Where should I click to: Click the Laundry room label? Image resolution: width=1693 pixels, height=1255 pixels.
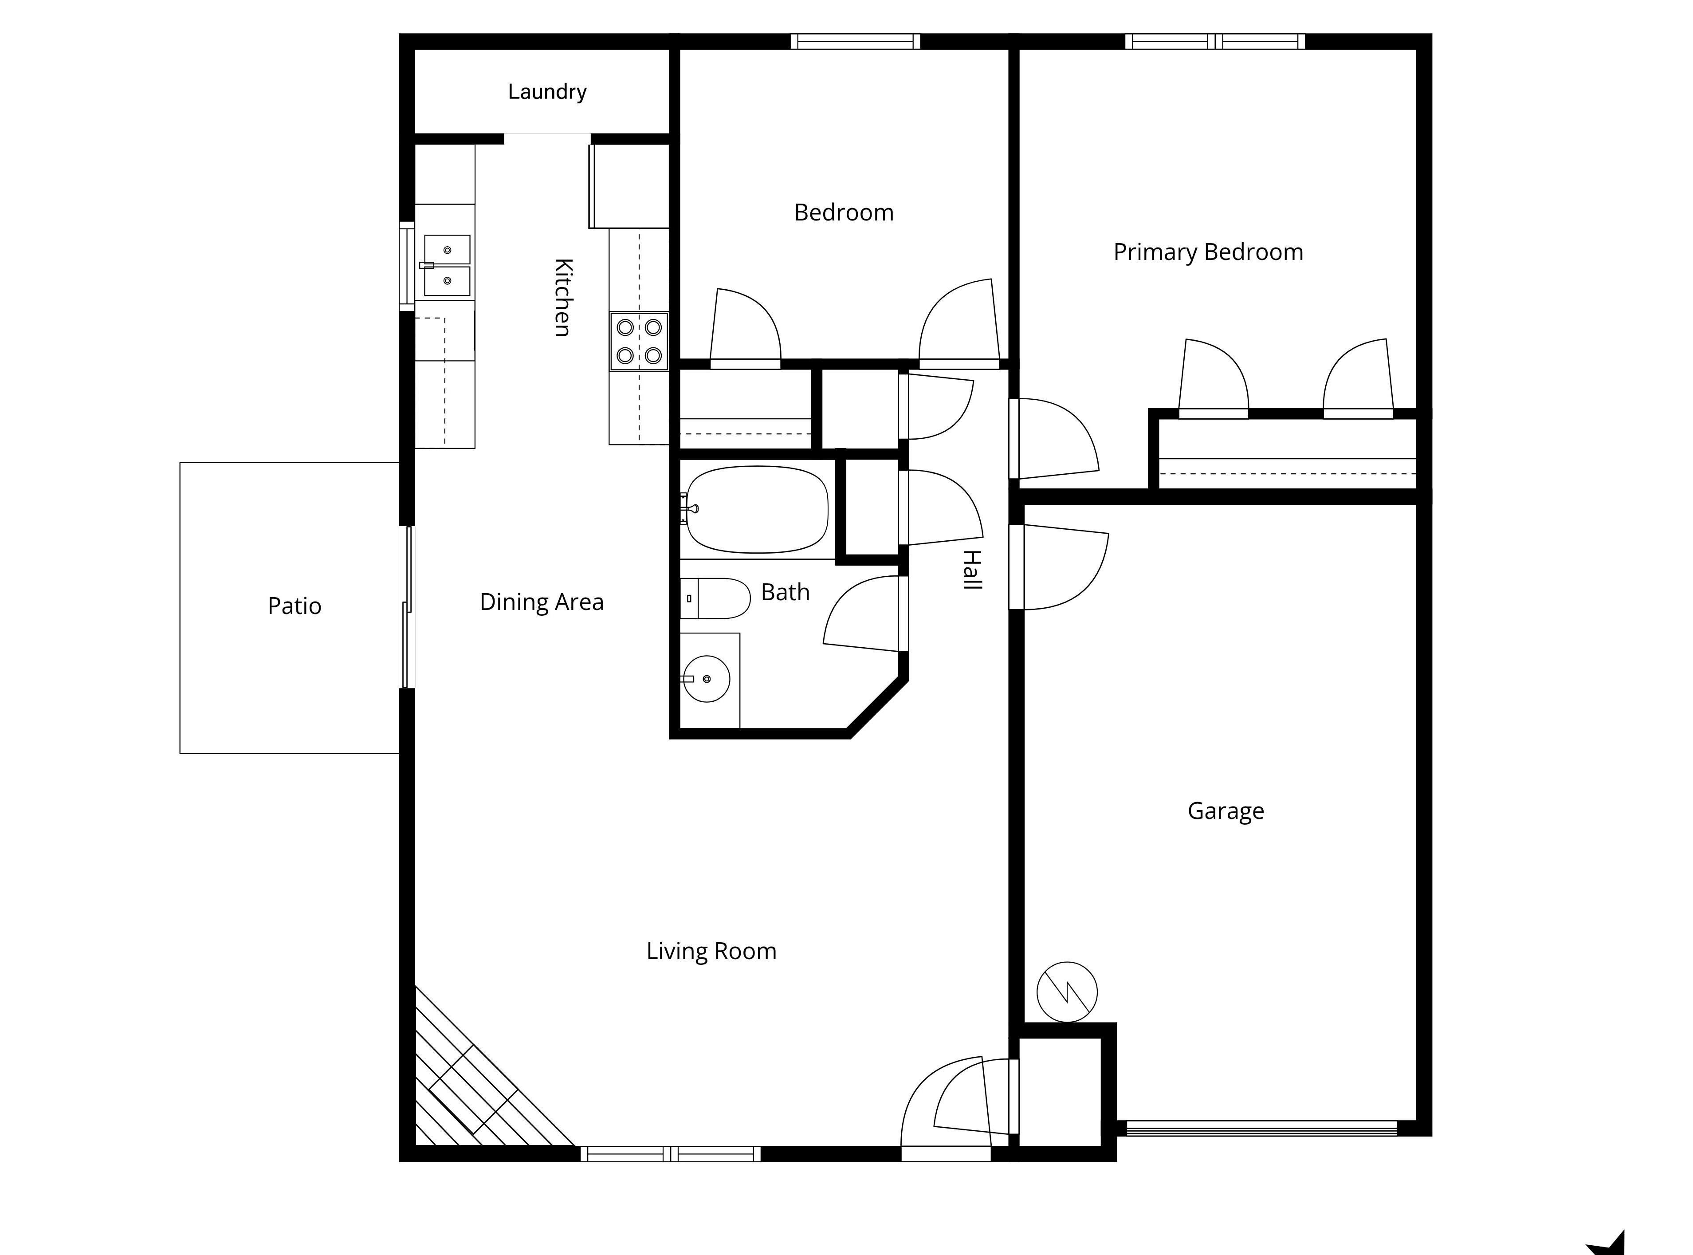tap(547, 92)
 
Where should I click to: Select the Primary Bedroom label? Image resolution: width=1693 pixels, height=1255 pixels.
tap(1208, 252)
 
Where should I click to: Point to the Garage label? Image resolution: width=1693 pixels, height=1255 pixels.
tap(1225, 811)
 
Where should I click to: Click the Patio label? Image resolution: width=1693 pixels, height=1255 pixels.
tap(295, 606)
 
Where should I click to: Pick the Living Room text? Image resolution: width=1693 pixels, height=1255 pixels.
tap(711, 951)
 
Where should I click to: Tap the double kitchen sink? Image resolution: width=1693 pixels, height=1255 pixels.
tap(447, 265)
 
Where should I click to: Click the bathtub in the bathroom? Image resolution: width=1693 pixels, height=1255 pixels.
tap(757, 509)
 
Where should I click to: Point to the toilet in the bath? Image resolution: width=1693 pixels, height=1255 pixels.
tap(715, 598)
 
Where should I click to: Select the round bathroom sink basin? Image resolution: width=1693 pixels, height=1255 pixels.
tap(707, 678)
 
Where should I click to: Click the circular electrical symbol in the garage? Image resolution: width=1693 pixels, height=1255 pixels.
tap(1066, 991)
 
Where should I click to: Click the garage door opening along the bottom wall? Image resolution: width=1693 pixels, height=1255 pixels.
tap(1261, 1128)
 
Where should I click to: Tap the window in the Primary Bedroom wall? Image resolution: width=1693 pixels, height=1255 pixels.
tap(1214, 41)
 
